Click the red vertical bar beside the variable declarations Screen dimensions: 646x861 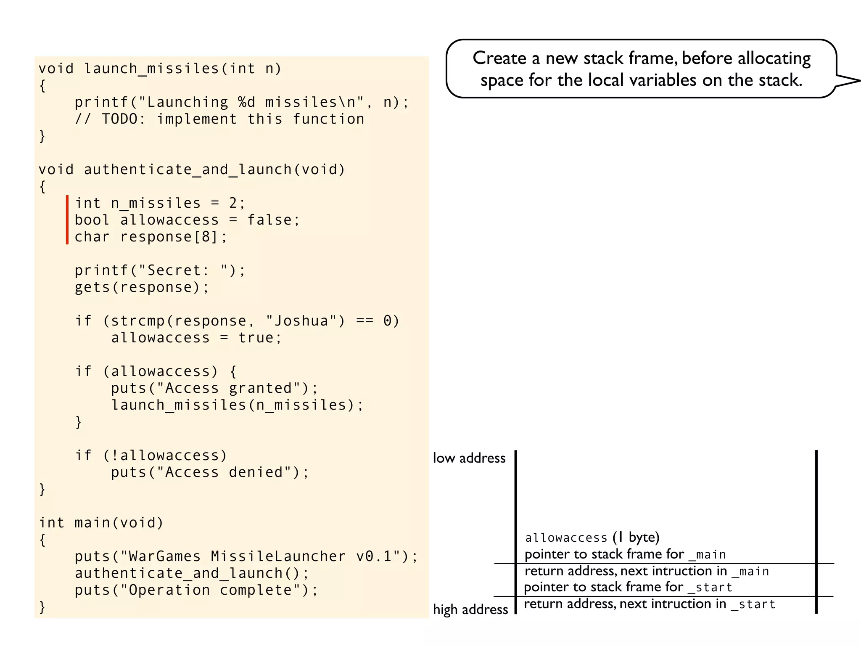pyautogui.click(x=67, y=220)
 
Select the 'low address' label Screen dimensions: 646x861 pyautogui.click(x=469, y=458)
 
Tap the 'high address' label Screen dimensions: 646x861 pyautogui.click(x=470, y=609)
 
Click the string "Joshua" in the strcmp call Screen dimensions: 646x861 pyautogui.click(x=301, y=321)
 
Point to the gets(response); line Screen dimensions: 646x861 pyautogui.click(x=142, y=287)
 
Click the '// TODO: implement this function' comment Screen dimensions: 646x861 pyautogui.click(x=219, y=119)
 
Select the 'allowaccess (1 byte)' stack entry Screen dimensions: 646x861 pyautogui.click(x=592, y=537)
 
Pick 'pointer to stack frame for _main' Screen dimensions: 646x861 pyautogui.click(x=625, y=554)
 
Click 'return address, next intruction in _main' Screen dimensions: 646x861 pyautogui.click(x=647, y=571)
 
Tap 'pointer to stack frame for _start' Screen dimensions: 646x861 pyautogui.click(x=628, y=587)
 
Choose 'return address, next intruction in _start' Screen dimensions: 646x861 pyautogui.click(x=650, y=604)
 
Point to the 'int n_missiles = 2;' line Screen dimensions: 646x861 pyautogui.click(x=160, y=203)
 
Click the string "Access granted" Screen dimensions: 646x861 pyautogui.click(x=228, y=388)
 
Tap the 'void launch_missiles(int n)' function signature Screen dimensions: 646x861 pyautogui.click(x=160, y=69)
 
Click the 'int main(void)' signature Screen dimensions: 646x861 pyautogui.click(x=101, y=523)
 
